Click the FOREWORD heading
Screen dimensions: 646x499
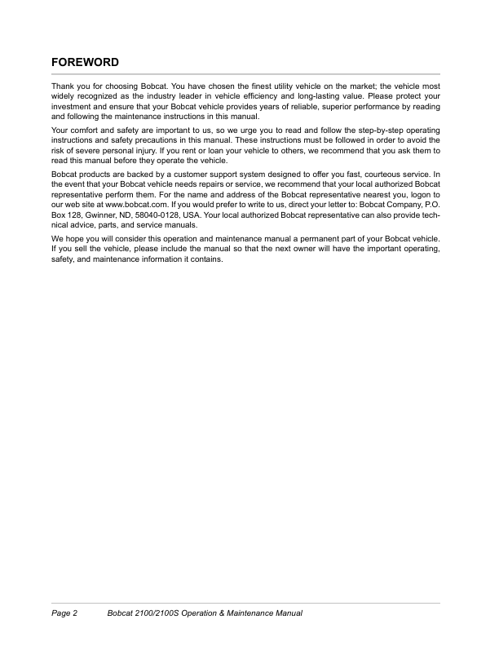86,62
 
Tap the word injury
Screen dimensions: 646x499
155,151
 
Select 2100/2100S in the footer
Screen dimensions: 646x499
160,613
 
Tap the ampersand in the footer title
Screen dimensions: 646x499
232,613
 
